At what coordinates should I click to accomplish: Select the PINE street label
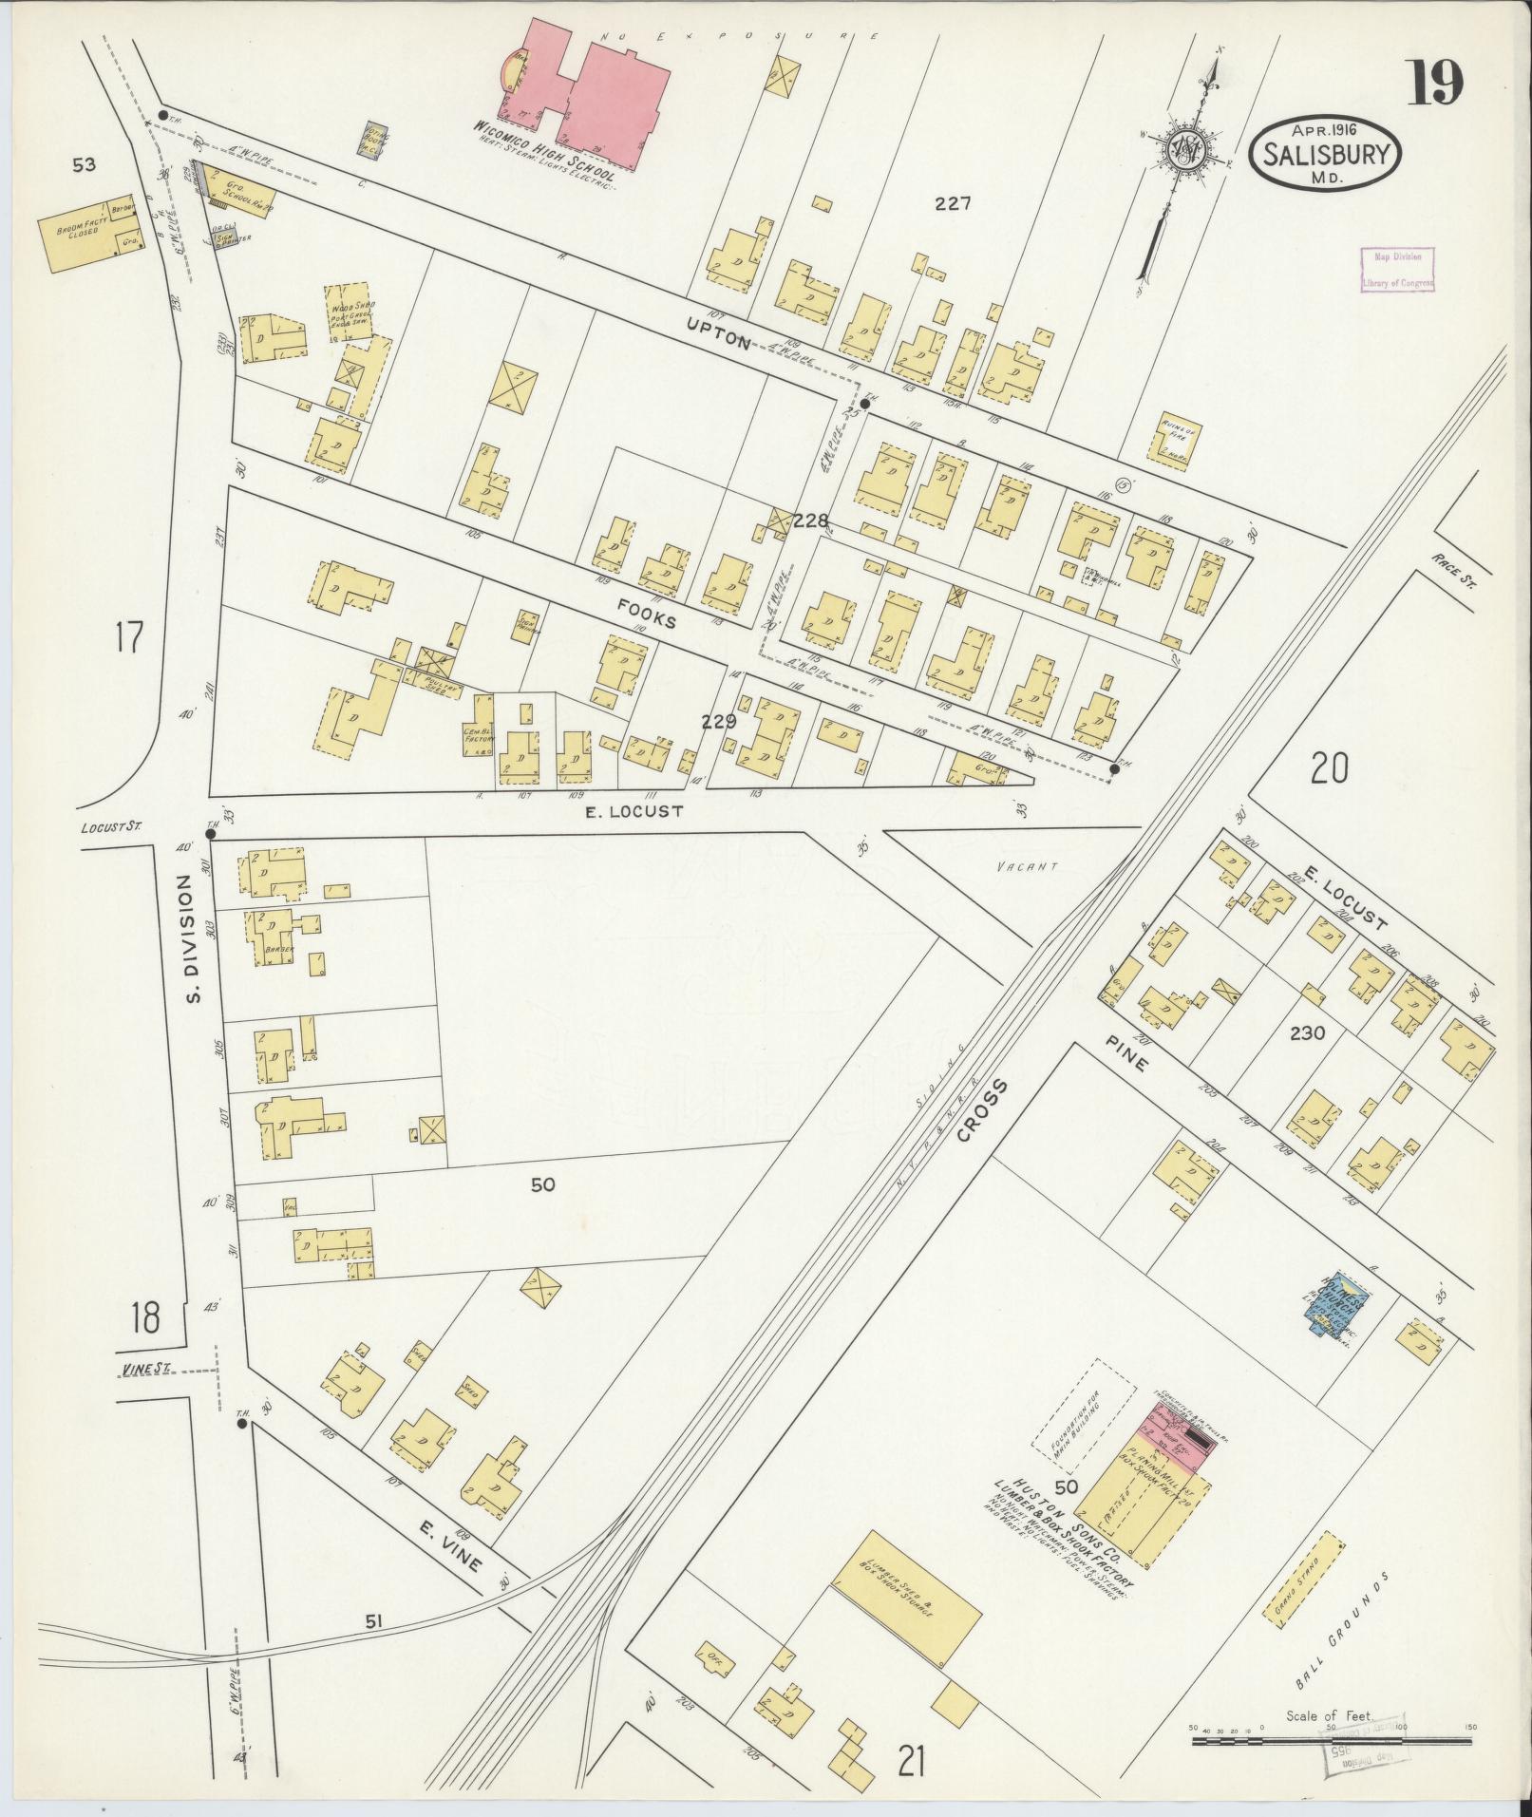[x=1127, y=1053]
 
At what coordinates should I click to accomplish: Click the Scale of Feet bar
[x=1330, y=1741]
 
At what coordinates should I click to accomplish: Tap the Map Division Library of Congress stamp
[x=1396, y=269]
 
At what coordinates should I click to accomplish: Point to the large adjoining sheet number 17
[x=128, y=636]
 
